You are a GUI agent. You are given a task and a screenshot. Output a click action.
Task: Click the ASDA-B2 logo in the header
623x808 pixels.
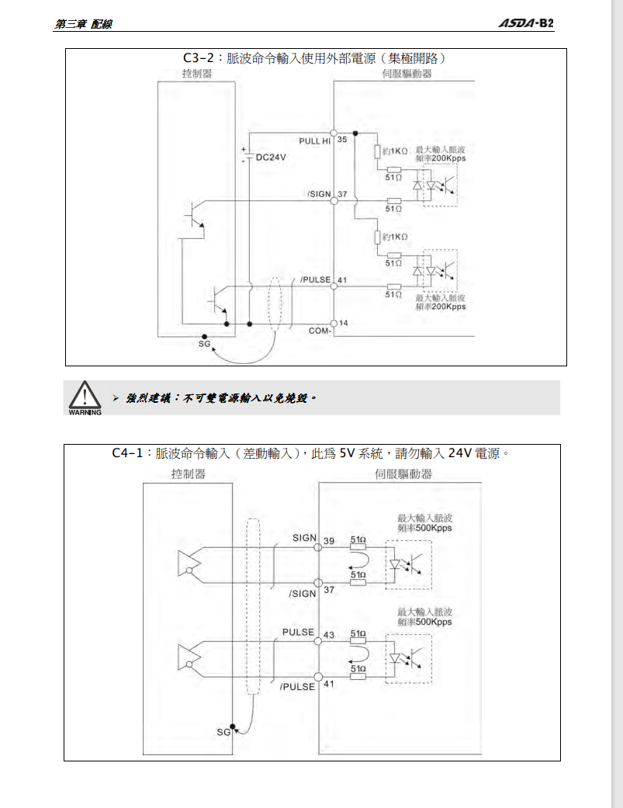[x=525, y=23]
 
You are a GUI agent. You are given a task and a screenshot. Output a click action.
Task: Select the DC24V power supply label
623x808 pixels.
[x=271, y=157]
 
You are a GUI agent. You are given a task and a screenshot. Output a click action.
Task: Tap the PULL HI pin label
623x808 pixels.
[x=315, y=140]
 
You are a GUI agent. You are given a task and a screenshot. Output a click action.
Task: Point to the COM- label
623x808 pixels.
[x=320, y=331]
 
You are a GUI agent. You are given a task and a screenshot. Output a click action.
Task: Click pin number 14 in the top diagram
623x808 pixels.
[x=343, y=322]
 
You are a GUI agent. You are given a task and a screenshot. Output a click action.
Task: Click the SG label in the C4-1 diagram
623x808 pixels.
[x=223, y=732]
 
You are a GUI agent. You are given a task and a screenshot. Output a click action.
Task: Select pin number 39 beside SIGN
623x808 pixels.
[x=328, y=541]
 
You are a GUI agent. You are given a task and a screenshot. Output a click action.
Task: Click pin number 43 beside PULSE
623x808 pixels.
[x=328, y=635]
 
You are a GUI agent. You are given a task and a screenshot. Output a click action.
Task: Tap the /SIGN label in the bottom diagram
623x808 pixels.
[x=302, y=593]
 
